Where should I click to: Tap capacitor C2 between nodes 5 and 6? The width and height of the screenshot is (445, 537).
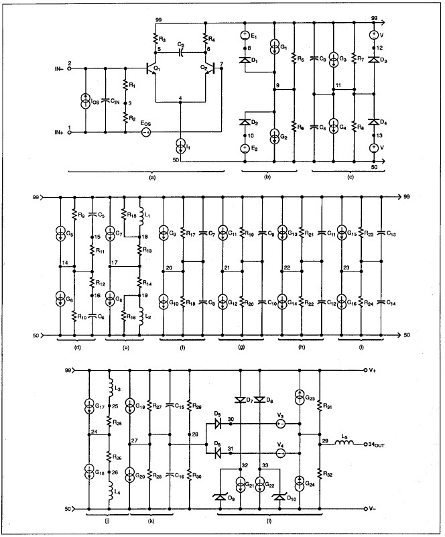pyautogui.click(x=181, y=50)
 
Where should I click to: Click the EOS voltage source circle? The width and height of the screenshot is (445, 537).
pyautogui.click(x=145, y=133)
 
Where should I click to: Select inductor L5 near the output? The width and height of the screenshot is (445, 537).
pyautogui.click(x=344, y=444)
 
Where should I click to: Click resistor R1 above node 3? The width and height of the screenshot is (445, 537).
pyautogui.click(x=124, y=87)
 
